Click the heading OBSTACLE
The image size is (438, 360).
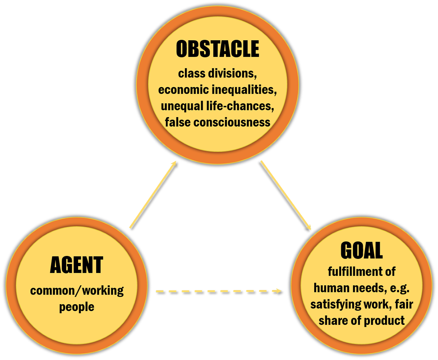(x=217, y=50)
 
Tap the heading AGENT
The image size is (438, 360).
(x=76, y=265)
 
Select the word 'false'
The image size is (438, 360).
(x=178, y=122)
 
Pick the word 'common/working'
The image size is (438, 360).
(x=77, y=291)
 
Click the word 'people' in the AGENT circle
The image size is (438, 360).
(x=77, y=307)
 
